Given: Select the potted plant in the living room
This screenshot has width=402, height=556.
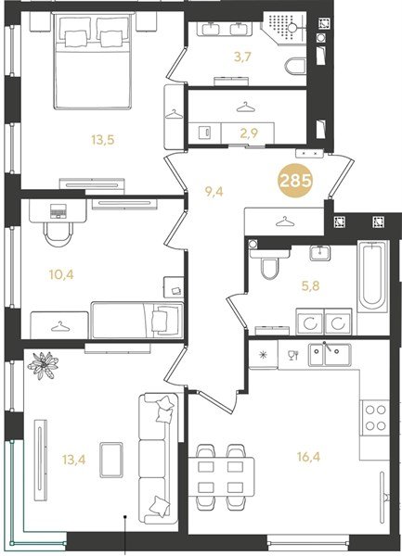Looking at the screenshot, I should [43, 363].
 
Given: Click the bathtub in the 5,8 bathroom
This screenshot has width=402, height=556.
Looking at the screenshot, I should [371, 275].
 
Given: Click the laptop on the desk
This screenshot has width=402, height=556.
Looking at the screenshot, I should [56, 210].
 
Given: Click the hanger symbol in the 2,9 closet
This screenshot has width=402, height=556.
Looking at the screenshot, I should [243, 107].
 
